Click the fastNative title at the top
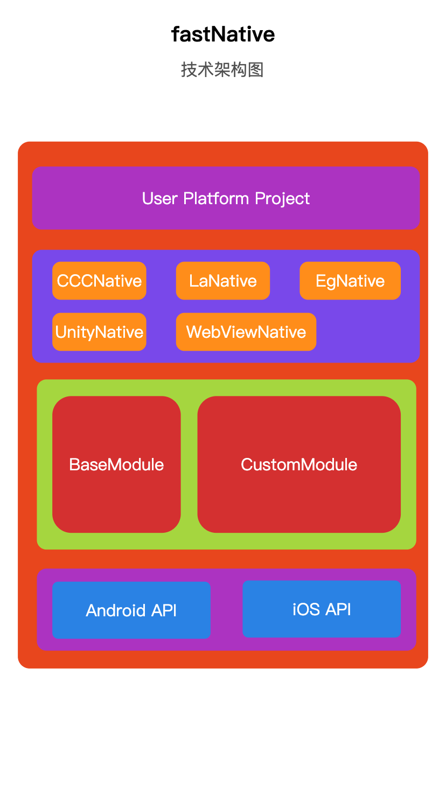222,34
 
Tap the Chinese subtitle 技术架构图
222,69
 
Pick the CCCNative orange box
99,281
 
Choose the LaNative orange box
222,281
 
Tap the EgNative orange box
350,281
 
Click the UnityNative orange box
99,332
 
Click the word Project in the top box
282,199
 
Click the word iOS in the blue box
306,609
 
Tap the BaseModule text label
116,464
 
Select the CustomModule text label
299,464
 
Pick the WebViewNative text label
246,332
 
